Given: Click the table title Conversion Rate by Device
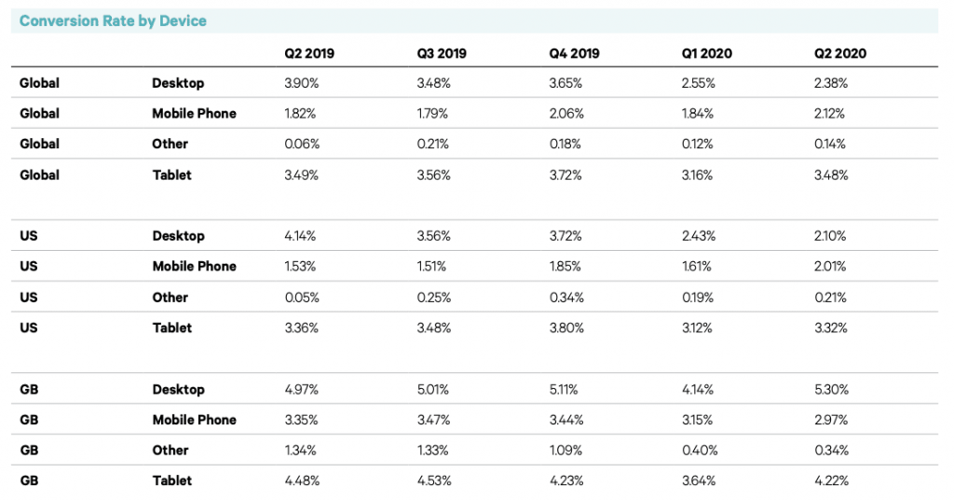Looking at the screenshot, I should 113,21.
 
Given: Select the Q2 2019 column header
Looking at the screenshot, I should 309,53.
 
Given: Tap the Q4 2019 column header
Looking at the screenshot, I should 575,53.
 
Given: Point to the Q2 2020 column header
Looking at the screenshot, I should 839,53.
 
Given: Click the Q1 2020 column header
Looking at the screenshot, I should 707,53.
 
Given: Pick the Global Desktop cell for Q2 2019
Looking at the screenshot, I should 301,83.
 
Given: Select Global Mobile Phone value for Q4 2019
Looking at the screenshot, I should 566,114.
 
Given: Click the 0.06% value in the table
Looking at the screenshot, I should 301,145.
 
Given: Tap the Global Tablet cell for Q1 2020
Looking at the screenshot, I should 698,175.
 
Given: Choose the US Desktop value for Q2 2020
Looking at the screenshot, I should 830,236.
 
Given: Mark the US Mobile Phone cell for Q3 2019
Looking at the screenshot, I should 433,267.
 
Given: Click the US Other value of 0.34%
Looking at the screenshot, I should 566,298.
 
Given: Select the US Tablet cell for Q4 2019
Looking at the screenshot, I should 566,328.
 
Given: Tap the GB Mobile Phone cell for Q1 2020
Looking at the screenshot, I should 698,420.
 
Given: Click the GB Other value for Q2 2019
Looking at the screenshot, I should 300,451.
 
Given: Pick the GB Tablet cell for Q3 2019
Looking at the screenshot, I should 434,481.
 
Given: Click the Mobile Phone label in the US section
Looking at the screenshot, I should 194,267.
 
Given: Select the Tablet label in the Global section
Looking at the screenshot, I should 172,175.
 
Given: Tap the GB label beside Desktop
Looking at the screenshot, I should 30,389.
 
